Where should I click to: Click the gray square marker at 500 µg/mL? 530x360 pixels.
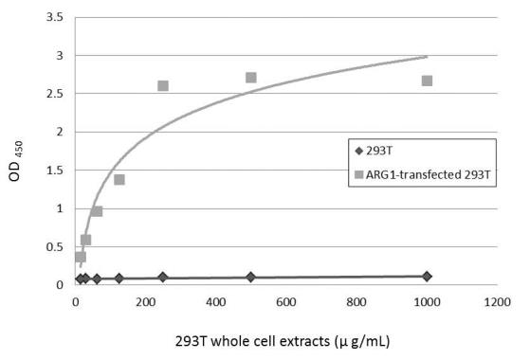pos(251,78)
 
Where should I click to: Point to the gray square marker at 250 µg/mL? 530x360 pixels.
pos(163,85)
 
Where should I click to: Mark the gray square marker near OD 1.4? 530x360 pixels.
pos(119,179)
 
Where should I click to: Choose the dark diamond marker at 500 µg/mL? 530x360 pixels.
pos(251,277)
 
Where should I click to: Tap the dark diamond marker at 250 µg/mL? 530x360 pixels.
pos(163,277)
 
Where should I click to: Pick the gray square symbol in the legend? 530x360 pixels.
pos(357,175)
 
